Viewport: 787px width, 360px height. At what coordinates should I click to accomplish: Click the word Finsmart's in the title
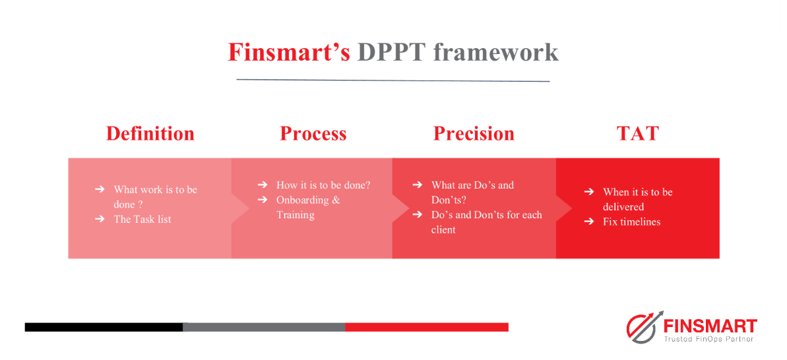point(289,52)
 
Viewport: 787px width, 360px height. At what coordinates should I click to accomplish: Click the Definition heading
point(150,133)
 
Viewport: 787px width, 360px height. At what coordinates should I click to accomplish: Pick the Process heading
point(313,133)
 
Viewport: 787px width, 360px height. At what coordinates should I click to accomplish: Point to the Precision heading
point(474,133)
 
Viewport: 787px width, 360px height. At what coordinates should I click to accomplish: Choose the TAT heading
point(637,133)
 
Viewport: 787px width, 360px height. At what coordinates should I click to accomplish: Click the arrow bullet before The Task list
point(100,219)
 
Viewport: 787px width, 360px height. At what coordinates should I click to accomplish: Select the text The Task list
point(142,219)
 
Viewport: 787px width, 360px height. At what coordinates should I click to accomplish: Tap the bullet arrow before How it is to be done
point(262,185)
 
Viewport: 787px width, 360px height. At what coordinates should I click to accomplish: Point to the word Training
point(296,215)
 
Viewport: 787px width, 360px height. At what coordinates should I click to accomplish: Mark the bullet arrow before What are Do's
point(417,185)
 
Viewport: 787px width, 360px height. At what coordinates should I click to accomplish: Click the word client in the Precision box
point(443,230)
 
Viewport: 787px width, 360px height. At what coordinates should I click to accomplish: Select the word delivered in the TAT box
point(623,206)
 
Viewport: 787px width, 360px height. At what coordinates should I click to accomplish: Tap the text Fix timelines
point(632,222)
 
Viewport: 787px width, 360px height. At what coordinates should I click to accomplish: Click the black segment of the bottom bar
point(104,327)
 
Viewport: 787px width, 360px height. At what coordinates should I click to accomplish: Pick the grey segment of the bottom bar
point(264,327)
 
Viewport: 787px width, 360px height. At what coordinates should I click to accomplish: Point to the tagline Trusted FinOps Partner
point(710,339)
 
